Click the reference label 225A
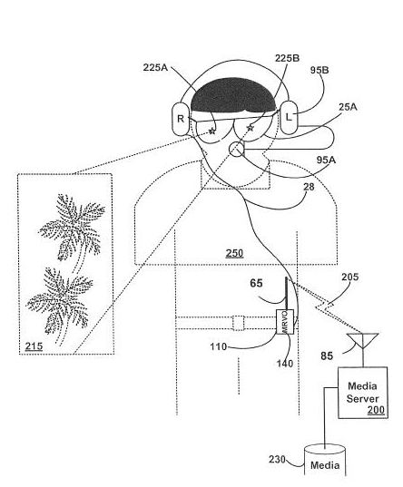pyautogui.click(x=155, y=67)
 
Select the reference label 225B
pyautogui.click(x=287, y=58)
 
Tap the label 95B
pyautogui.click(x=319, y=70)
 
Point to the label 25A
pyautogui.click(x=348, y=107)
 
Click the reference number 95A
pyautogui.click(x=326, y=160)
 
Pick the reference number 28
pyautogui.click(x=309, y=187)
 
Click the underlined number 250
pyautogui.click(x=234, y=253)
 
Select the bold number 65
pyautogui.click(x=256, y=283)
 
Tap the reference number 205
pyautogui.click(x=349, y=277)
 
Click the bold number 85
pyautogui.click(x=327, y=356)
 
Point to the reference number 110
pyautogui.click(x=218, y=346)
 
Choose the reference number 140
pyautogui.click(x=285, y=363)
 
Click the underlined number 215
pyautogui.click(x=34, y=346)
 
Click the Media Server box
pyautogui.click(x=362, y=393)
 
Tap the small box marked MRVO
pyautogui.click(x=285, y=322)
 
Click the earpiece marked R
pyautogui.click(x=181, y=119)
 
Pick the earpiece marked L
pyautogui.click(x=289, y=117)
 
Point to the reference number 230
pyautogui.click(x=277, y=460)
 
